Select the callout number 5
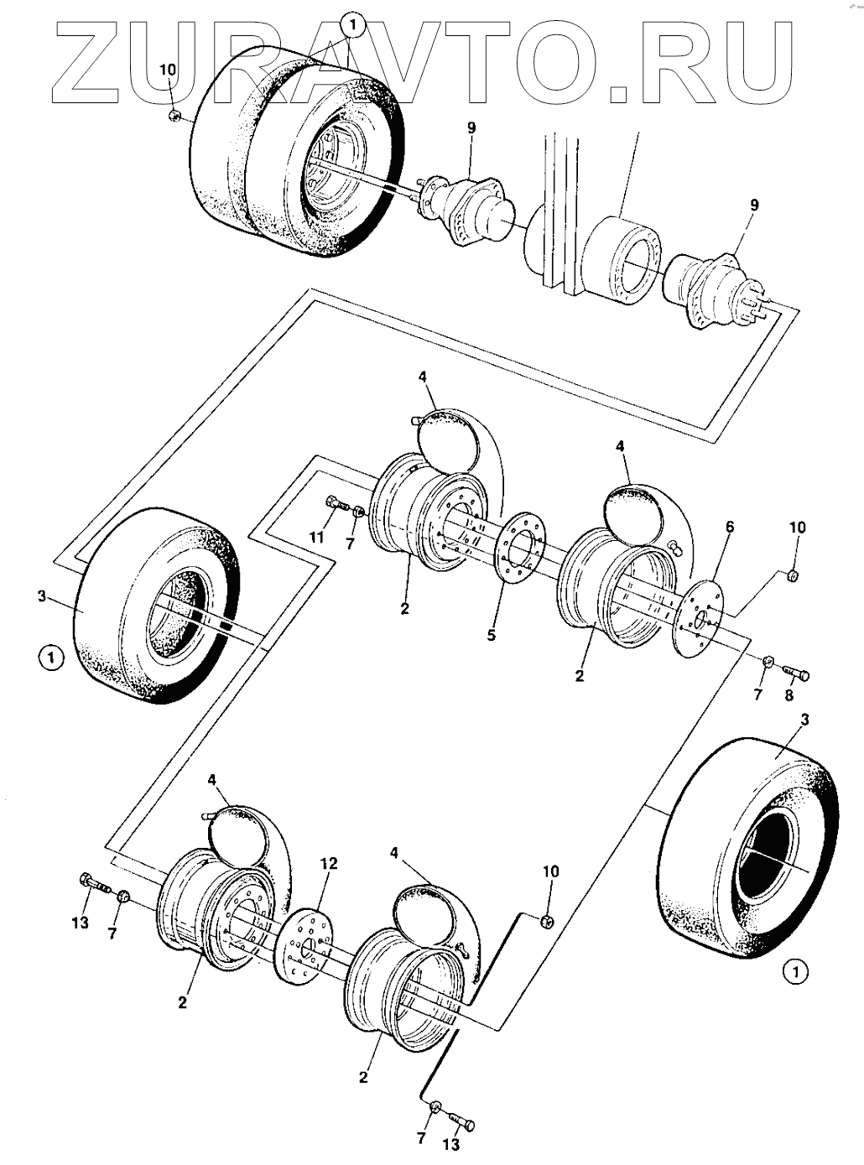(x=491, y=635)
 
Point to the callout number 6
(x=729, y=527)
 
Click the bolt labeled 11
(x=336, y=504)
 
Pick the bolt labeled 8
(x=794, y=672)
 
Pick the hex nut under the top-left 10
(x=173, y=115)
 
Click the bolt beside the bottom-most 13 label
(x=459, y=1119)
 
